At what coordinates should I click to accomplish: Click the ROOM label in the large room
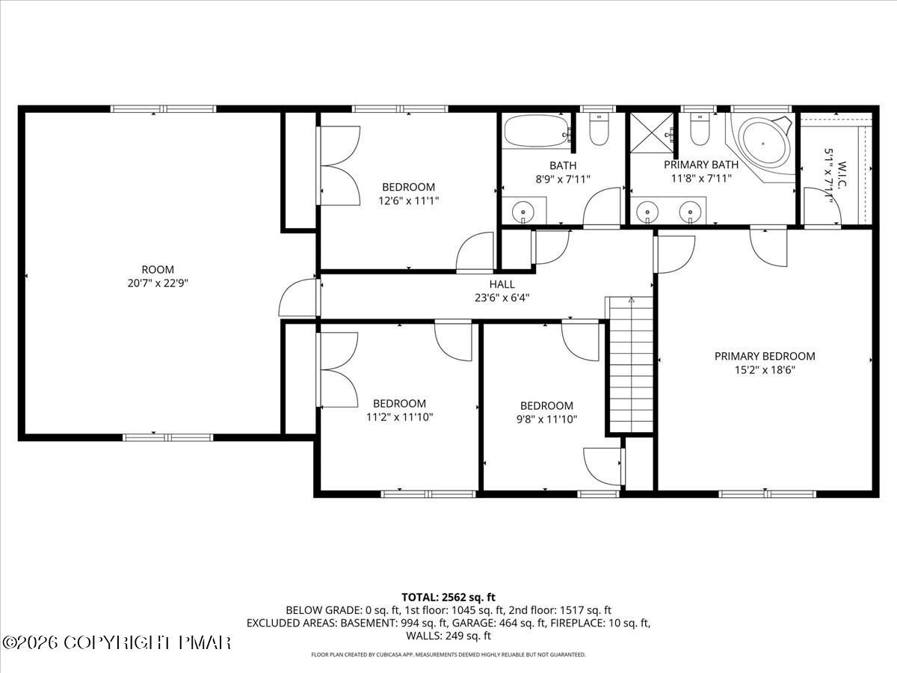(x=158, y=269)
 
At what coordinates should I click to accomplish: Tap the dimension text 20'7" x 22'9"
(x=158, y=283)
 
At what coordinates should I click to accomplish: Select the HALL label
(x=502, y=284)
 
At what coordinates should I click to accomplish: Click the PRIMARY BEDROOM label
(x=765, y=357)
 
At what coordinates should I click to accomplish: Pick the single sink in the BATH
(x=524, y=212)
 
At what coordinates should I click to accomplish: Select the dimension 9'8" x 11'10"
(x=546, y=420)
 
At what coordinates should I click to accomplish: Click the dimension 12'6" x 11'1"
(x=408, y=200)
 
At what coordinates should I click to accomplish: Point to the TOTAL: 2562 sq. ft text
(x=449, y=597)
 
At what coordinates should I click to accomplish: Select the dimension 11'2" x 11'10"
(x=399, y=417)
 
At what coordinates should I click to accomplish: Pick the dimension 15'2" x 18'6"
(x=765, y=370)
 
